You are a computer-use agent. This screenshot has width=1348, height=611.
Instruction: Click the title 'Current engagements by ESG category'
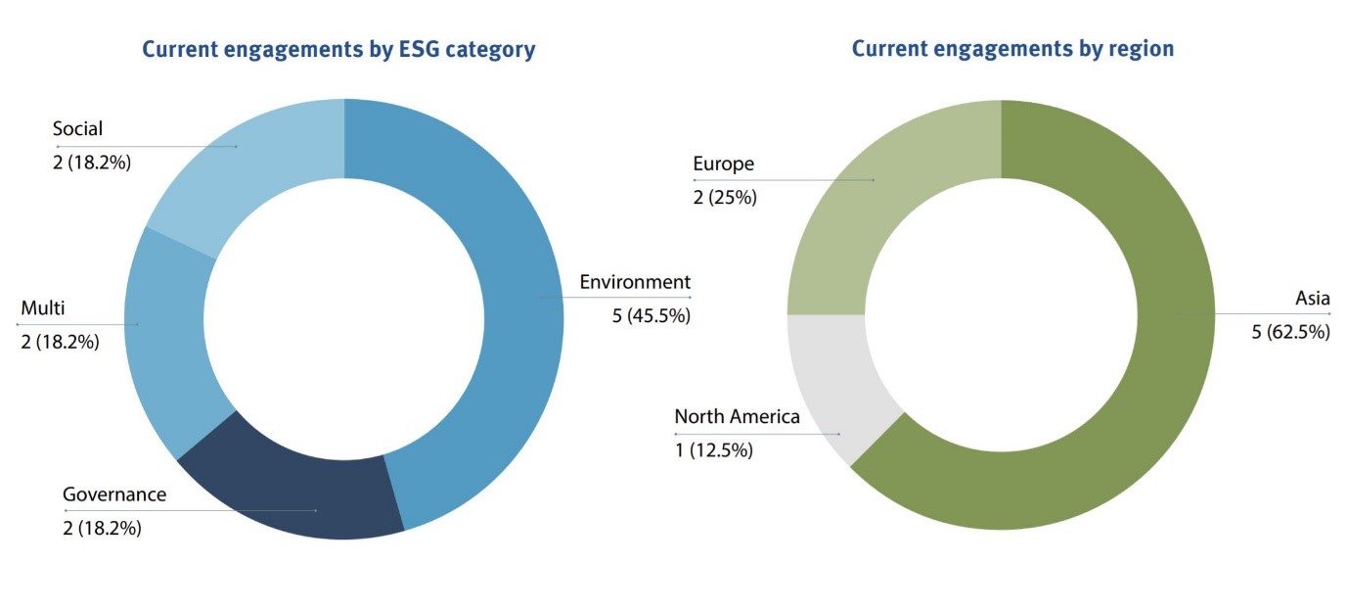click(338, 49)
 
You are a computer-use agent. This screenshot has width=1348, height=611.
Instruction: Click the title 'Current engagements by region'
click(1012, 48)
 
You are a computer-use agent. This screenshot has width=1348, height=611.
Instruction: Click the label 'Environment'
click(634, 282)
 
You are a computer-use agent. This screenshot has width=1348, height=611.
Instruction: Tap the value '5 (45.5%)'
click(651, 315)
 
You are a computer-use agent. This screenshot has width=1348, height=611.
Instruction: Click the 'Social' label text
click(77, 129)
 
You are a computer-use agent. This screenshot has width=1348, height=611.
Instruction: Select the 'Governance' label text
click(114, 494)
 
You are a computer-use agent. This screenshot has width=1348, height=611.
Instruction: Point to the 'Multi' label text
click(43, 308)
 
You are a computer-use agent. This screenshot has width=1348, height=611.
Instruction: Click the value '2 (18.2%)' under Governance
click(102, 528)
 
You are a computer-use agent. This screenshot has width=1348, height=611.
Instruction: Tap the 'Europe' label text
click(723, 164)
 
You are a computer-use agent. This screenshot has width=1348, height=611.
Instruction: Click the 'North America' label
click(737, 416)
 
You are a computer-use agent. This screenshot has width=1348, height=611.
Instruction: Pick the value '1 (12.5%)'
click(713, 450)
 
